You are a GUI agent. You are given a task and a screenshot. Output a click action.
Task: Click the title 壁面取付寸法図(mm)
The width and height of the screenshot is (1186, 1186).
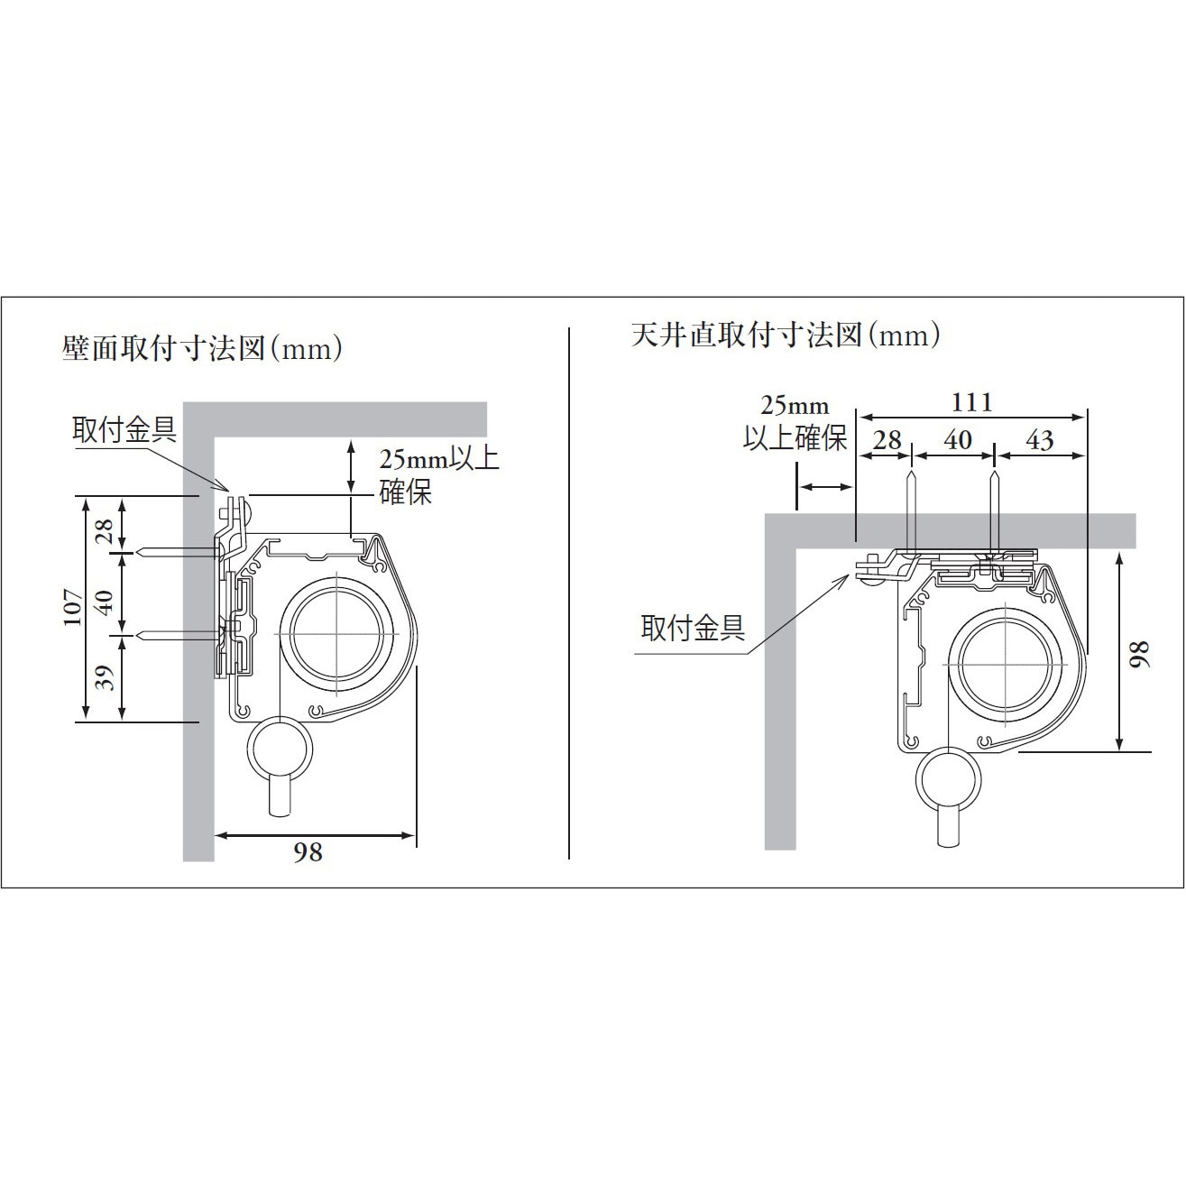click(x=203, y=348)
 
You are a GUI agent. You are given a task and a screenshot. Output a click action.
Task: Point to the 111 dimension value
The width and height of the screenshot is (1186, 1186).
click(x=971, y=402)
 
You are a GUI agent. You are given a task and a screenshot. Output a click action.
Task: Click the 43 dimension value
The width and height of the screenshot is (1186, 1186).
click(x=1039, y=440)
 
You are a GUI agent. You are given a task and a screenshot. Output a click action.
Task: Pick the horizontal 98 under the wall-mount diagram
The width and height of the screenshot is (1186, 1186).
click(x=308, y=851)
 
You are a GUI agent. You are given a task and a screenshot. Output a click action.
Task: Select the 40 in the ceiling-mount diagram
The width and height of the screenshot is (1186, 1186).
click(x=957, y=440)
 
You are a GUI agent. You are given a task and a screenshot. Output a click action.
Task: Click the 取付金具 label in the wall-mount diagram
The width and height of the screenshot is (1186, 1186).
click(x=124, y=430)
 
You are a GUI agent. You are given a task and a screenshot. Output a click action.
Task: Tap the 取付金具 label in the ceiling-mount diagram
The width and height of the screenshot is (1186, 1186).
click(x=693, y=628)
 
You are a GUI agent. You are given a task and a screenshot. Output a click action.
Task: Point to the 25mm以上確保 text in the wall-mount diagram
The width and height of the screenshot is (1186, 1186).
click(x=438, y=475)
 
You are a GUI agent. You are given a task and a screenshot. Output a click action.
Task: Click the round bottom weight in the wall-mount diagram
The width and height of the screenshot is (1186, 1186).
click(x=281, y=751)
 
